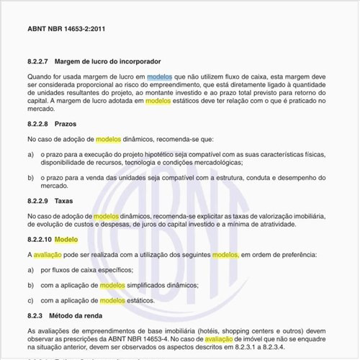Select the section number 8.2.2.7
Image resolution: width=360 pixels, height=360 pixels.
[41, 63]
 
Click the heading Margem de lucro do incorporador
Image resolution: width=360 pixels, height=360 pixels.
[113, 63]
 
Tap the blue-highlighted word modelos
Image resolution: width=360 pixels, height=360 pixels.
[159, 76]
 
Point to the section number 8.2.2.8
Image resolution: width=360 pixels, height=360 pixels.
[41, 124]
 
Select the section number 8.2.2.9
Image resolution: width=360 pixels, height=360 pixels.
[41, 202]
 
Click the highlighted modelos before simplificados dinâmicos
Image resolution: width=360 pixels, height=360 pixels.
[112, 284]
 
